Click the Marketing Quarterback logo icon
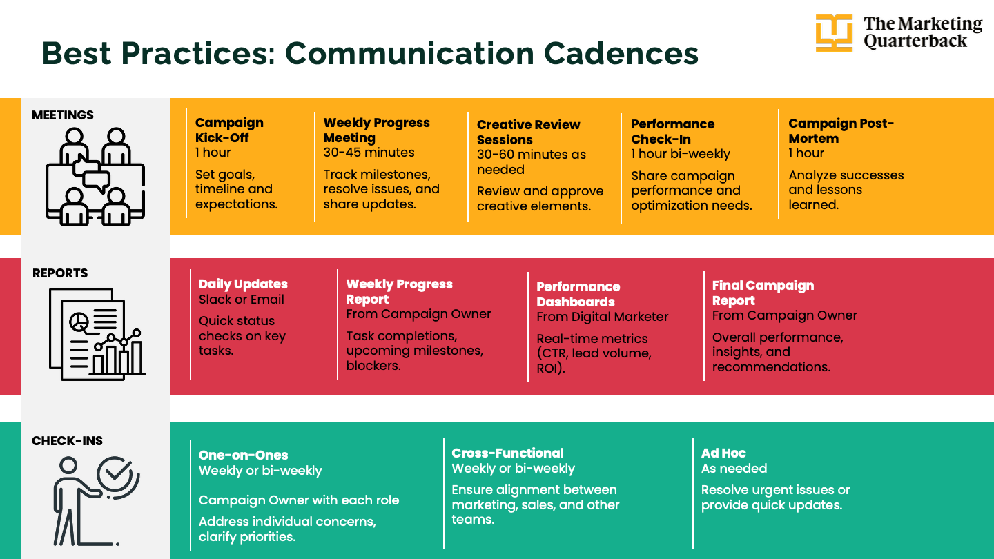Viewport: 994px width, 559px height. (x=834, y=33)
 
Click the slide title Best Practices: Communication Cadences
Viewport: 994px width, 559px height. (x=370, y=53)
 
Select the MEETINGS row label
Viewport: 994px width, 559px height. (x=63, y=115)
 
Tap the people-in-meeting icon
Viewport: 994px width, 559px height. (x=95, y=176)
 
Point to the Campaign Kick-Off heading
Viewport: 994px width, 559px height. (x=229, y=130)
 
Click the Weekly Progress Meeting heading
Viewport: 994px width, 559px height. (x=376, y=130)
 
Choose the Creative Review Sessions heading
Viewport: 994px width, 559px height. (x=528, y=132)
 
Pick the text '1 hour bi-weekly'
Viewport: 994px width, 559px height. (x=680, y=154)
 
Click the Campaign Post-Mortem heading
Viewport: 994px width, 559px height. (x=841, y=130)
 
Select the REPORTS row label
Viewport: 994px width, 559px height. (x=60, y=273)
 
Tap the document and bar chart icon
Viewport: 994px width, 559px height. (x=97, y=334)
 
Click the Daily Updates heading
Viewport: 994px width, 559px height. (x=243, y=284)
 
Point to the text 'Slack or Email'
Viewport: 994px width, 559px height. (x=241, y=300)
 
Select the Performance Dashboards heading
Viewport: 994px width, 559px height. (x=578, y=294)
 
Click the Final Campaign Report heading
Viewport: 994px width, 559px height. (x=763, y=293)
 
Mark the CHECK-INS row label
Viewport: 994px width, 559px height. (x=67, y=441)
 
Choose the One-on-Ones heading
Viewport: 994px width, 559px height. (x=243, y=455)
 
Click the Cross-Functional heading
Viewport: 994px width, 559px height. (x=507, y=453)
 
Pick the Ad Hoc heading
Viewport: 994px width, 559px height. (x=723, y=453)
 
